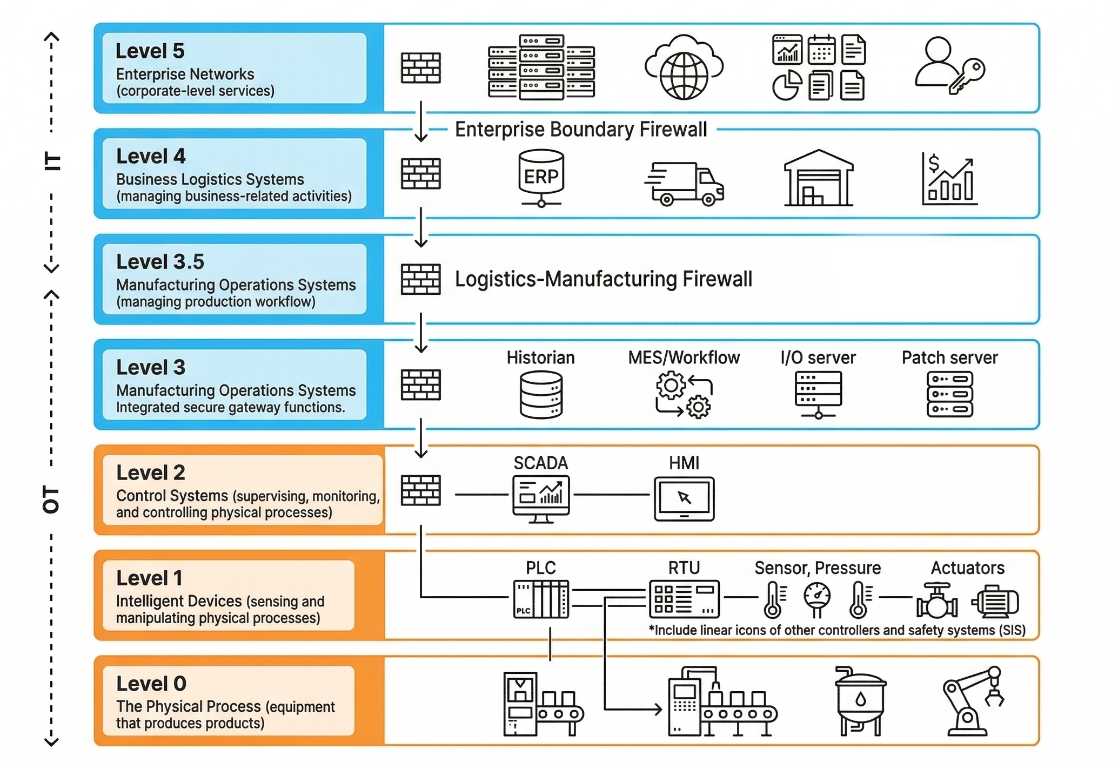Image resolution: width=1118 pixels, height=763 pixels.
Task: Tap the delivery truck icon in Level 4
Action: coord(684,184)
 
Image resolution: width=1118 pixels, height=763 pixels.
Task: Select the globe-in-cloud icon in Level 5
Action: coord(684,67)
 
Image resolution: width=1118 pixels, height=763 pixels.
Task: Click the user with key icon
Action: coord(949,66)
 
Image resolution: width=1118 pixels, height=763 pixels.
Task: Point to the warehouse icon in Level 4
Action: coord(819,178)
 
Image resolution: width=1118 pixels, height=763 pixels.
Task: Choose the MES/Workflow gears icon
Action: coord(684,395)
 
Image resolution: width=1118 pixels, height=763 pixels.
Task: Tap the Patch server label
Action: coord(949,357)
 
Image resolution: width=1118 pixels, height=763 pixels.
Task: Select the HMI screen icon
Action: coord(684,498)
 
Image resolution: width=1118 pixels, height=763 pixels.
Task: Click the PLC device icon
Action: coord(541,599)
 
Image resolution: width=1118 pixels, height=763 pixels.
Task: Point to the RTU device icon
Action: coord(684,599)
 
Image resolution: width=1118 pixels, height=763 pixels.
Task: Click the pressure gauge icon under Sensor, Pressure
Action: coord(817,599)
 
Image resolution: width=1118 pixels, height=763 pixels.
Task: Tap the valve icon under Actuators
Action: coord(937,600)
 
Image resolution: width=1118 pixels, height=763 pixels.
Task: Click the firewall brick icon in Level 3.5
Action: coord(420,279)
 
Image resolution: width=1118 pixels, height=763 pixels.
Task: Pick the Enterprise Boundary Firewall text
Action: coord(581,130)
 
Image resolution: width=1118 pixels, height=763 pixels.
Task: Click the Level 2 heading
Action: coord(151,472)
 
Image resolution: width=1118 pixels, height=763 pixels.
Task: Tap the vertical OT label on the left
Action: coord(51,499)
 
